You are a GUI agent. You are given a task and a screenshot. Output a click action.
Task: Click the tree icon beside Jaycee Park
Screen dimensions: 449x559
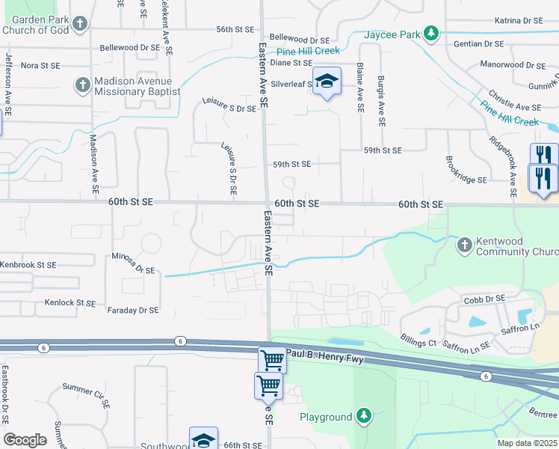coord(430,33)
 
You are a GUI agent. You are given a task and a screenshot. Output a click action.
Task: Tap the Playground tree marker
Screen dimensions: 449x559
coord(363,415)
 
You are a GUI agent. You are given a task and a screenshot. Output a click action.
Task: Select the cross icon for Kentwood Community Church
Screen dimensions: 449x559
coord(464,244)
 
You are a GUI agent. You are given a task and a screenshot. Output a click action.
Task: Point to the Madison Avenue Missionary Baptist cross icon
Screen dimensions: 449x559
coord(82,85)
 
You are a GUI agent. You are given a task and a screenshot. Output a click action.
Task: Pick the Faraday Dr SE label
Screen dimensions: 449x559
coord(133,310)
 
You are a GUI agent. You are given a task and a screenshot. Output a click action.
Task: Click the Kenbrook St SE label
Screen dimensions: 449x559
coord(28,265)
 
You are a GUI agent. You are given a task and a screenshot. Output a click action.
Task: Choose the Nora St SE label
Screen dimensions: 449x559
coord(40,66)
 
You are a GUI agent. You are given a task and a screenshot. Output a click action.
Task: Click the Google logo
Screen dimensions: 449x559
coord(25,440)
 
